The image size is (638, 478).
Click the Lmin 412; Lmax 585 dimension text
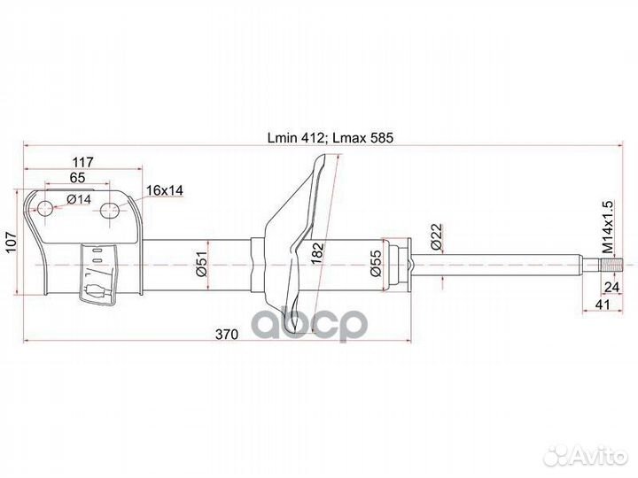[330, 137]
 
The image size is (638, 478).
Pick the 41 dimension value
[603, 305]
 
